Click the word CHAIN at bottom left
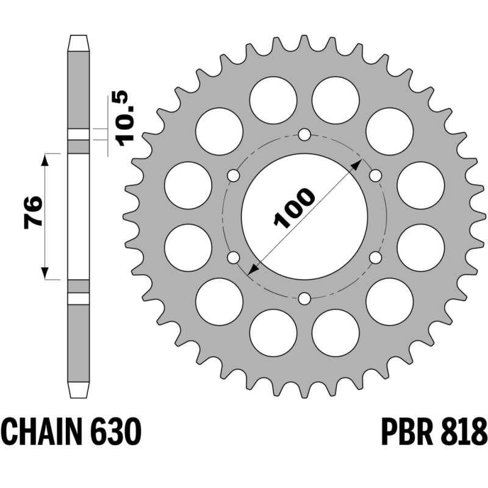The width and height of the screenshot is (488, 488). (x=42, y=432)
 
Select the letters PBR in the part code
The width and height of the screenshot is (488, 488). (x=407, y=432)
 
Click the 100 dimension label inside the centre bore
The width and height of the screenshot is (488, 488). (x=294, y=207)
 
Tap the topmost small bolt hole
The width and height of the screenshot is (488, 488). (x=304, y=135)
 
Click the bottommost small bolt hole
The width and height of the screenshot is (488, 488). (x=304, y=299)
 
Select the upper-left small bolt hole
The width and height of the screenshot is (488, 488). (x=234, y=176)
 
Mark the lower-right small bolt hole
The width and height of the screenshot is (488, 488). (x=375, y=257)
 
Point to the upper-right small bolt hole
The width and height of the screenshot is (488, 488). (x=375, y=176)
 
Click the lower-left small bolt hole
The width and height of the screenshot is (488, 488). (x=234, y=257)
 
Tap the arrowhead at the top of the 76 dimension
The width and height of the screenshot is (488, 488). (x=45, y=160)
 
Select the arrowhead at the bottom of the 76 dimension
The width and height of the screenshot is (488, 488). (x=45, y=273)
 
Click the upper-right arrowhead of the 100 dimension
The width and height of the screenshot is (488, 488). (x=357, y=165)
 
